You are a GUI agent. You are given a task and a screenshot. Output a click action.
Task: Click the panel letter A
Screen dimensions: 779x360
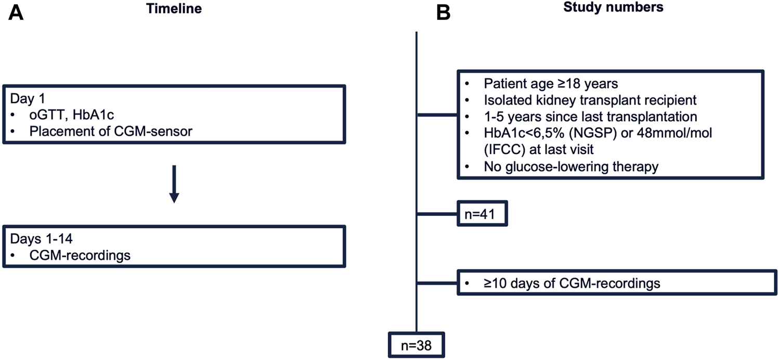(x=16, y=13)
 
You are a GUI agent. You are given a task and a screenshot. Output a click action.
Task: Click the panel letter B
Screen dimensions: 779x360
(x=444, y=13)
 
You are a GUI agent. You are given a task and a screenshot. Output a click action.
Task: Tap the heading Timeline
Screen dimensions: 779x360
(x=174, y=8)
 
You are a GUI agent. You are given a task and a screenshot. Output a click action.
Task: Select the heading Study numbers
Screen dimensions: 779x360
(x=613, y=7)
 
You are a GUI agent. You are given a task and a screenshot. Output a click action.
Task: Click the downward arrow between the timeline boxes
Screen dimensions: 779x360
(x=174, y=184)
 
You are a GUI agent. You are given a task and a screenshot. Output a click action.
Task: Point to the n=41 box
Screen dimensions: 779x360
(x=482, y=214)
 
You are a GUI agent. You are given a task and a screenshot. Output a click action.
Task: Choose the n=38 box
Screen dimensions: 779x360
(x=416, y=345)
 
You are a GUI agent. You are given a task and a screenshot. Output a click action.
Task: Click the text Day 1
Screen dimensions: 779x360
(x=28, y=98)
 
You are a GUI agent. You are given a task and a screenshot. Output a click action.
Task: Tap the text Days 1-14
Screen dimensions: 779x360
(x=42, y=239)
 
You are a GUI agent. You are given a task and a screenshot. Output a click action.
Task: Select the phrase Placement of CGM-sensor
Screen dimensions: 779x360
(x=111, y=132)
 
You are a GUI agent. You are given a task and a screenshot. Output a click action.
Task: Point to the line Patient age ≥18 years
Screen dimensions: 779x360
(x=551, y=83)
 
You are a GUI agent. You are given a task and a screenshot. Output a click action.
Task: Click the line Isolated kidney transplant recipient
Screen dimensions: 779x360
(x=590, y=100)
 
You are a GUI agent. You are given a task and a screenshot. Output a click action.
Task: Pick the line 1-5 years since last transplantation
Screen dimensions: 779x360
(x=591, y=117)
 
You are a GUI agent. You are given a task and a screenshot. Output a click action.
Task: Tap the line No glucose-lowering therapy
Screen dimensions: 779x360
(x=571, y=166)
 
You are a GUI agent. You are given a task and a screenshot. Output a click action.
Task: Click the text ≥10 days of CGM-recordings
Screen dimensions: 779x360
(x=572, y=283)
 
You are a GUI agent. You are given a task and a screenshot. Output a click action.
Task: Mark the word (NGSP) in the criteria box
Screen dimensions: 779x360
(x=592, y=133)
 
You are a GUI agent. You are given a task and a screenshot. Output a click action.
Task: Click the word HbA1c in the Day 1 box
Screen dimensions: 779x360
(x=93, y=115)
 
